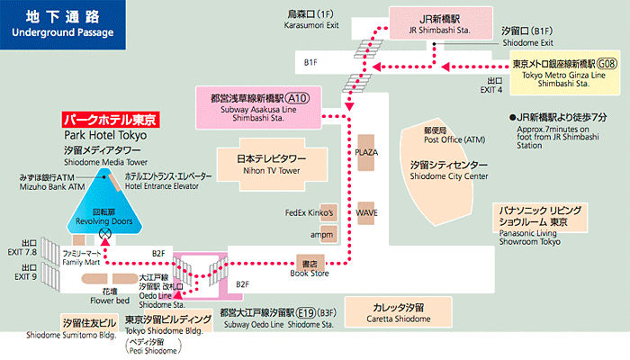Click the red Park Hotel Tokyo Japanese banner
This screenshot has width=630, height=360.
click(x=111, y=120)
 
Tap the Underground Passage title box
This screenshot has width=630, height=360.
click(x=63, y=25)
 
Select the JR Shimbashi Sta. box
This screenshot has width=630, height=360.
click(x=441, y=24)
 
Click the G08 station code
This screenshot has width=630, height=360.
click(x=607, y=64)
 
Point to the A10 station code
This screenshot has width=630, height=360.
click(x=298, y=98)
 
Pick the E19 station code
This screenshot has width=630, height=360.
click(x=306, y=312)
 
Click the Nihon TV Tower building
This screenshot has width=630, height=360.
click(x=272, y=165)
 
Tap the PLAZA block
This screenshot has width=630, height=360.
click(x=366, y=153)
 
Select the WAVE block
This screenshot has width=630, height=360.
click(x=366, y=213)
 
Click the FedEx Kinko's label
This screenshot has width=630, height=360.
click(x=310, y=212)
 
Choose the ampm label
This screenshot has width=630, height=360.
click(x=321, y=235)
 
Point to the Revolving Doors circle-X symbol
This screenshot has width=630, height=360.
click(x=105, y=233)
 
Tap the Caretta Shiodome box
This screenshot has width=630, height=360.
click(x=398, y=311)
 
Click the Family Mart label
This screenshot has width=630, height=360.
click(x=81, y=258)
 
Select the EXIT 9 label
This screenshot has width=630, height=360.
click(x=25, y=273)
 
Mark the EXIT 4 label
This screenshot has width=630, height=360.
click(x=491, y=85)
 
